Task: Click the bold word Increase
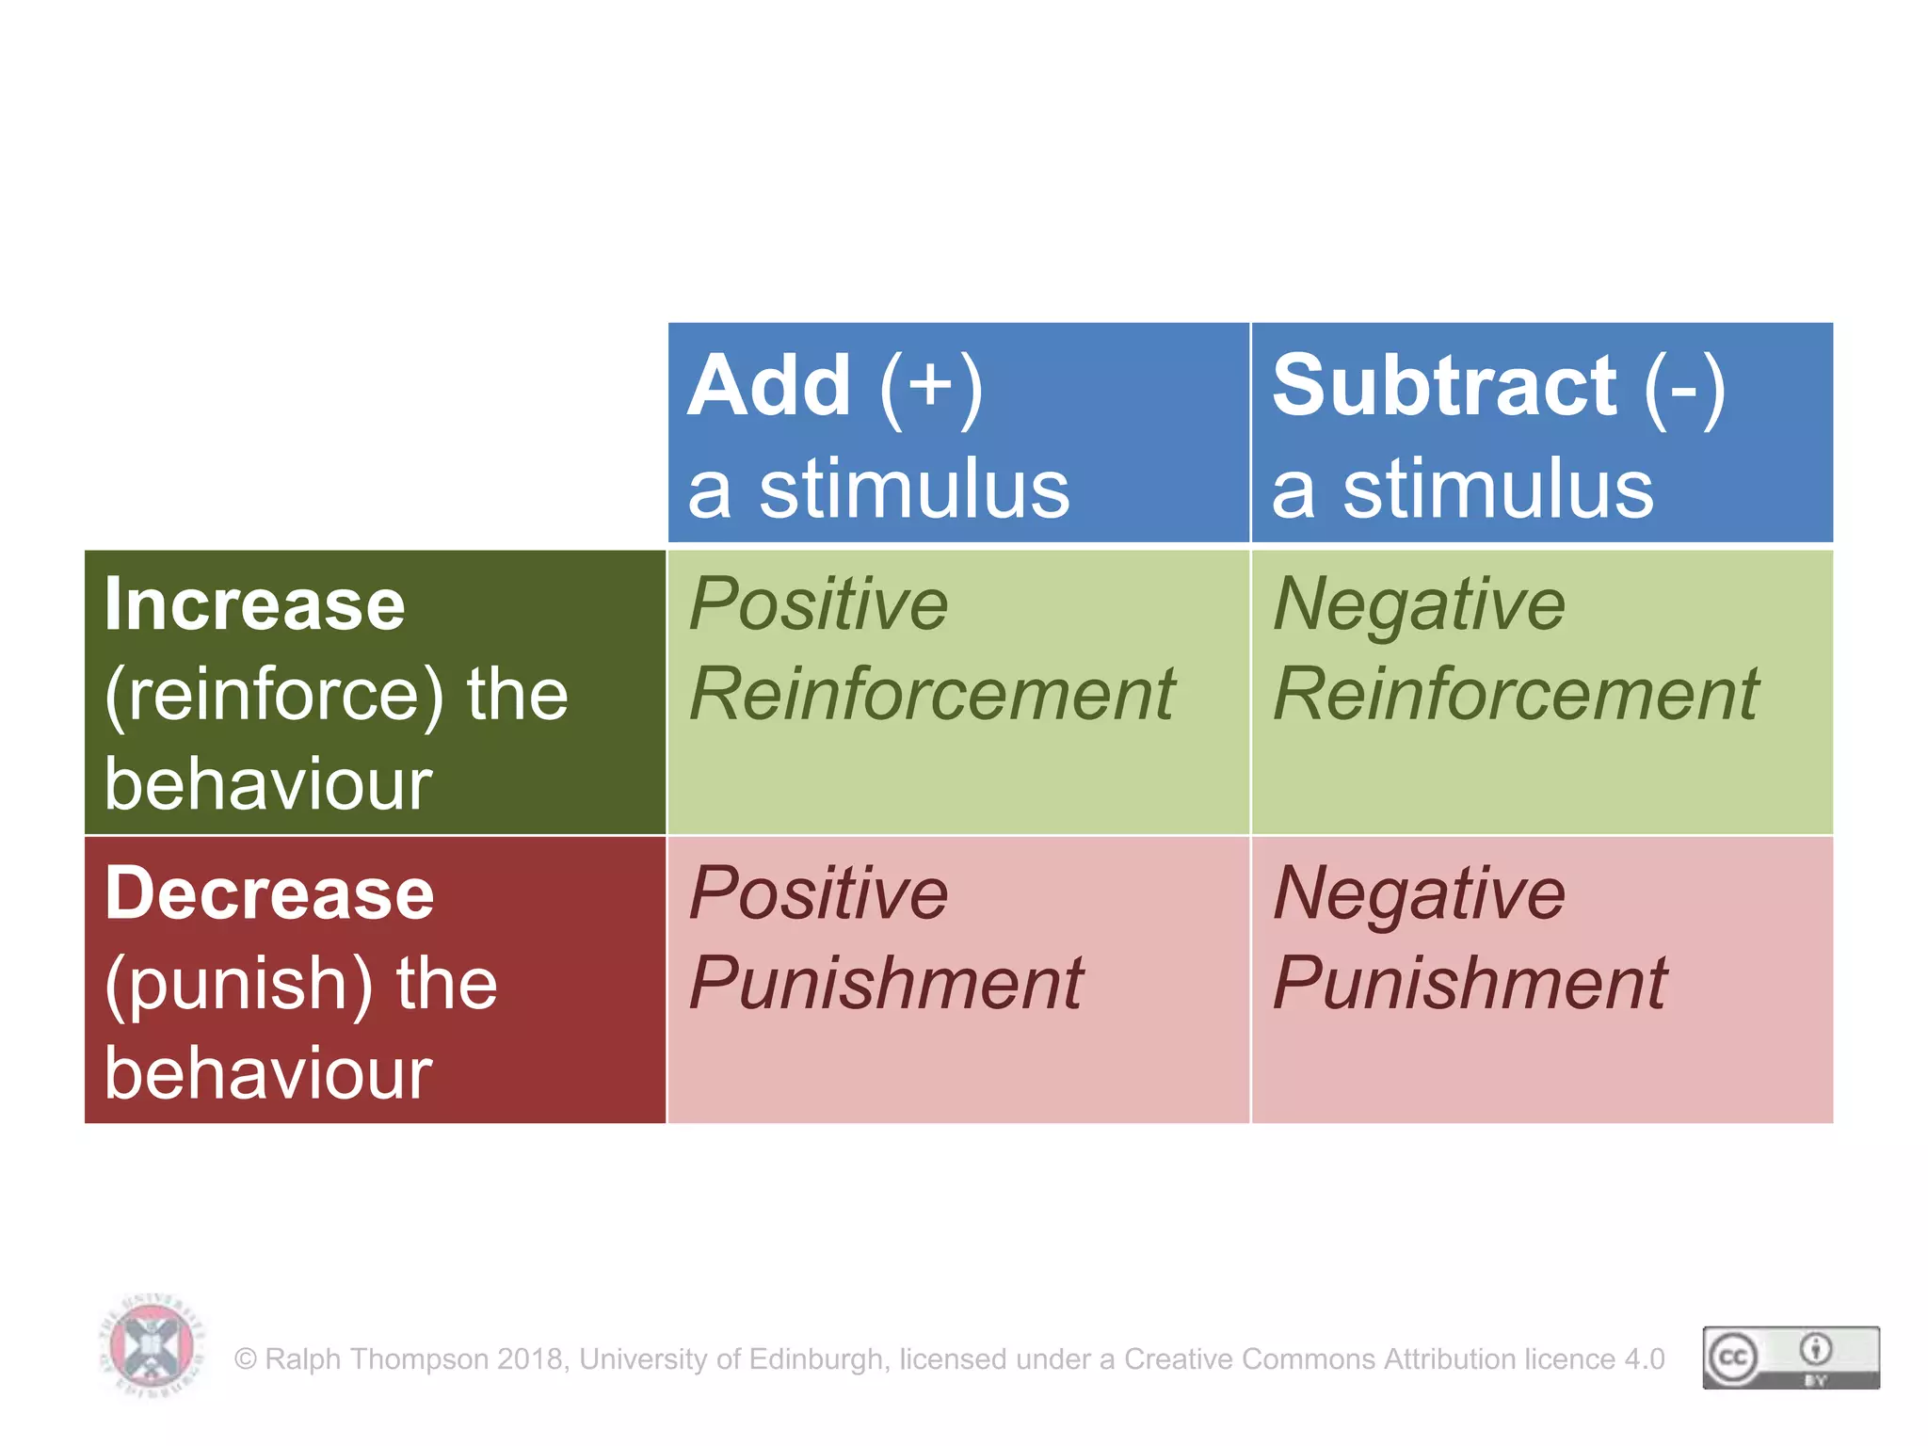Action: tap(254, 604)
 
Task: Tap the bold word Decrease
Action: tap(269, 893)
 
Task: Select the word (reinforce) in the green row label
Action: tap(274, 695)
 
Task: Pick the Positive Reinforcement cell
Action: tap(957, 692)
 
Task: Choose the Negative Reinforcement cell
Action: tap(1541, 692)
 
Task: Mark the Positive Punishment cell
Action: tap(957, 979)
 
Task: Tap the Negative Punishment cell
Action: tap(1541, 979)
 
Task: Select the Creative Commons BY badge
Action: tap(1791, 1358)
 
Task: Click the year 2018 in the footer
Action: tap(531, 1359)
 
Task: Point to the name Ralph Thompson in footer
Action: tap(377, 1359)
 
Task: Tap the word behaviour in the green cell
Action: tap(268, 784)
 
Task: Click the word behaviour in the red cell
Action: tap(268, 1073)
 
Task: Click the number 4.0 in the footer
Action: tap(1644, 1359)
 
